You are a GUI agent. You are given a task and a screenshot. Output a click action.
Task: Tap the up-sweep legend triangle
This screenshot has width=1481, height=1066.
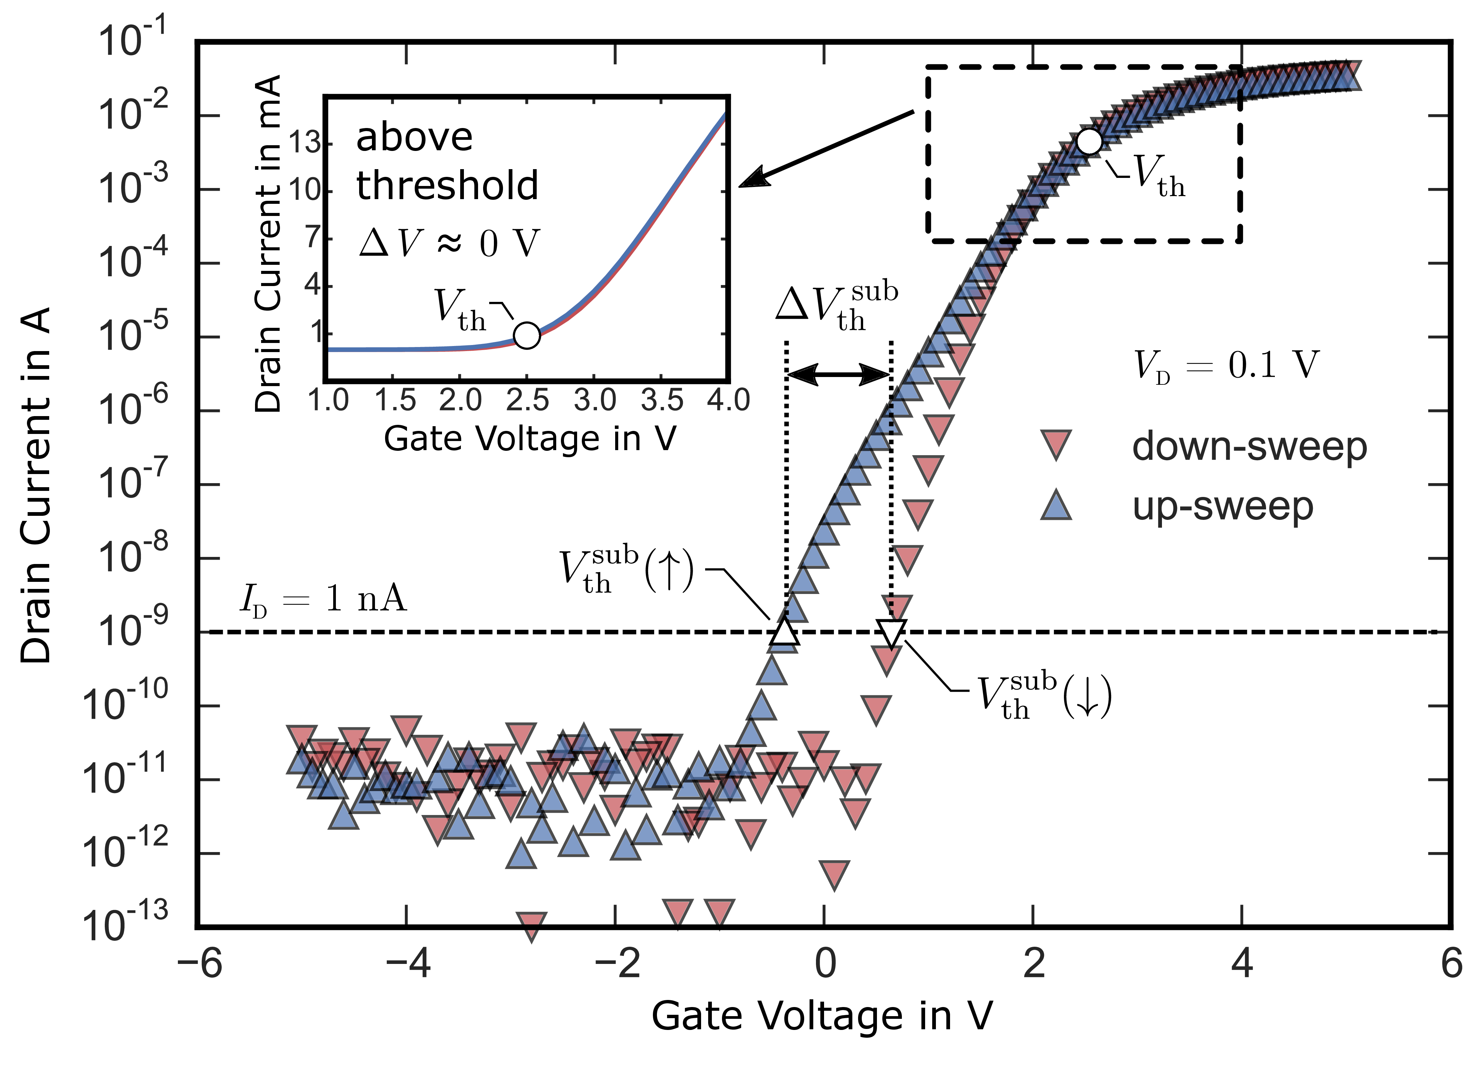tap(1056, 505)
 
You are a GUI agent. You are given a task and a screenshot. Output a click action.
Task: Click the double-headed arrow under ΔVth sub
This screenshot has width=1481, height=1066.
tap(839, 374)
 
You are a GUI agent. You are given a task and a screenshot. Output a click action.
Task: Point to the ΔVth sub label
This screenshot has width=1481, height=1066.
tap(837, 307)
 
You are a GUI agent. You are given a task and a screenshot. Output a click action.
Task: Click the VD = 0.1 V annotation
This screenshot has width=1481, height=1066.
tap(1226, 366)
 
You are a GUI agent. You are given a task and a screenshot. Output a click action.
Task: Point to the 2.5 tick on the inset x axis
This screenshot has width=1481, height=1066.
tap(528, 400)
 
